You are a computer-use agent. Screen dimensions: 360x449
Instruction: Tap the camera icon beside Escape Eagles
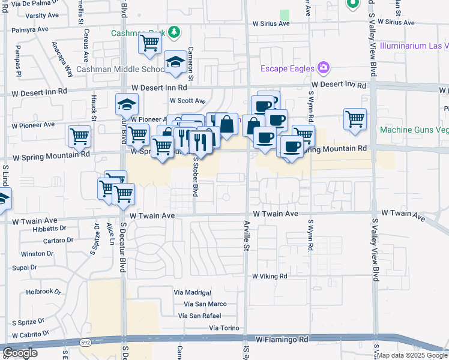tap(324, 67)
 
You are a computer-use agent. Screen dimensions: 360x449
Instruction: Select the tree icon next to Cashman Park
tap(174, 32)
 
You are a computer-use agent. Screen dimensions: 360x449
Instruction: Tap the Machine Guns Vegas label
tap(414, 130)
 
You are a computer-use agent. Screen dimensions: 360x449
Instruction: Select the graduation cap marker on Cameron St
tap(175, 62)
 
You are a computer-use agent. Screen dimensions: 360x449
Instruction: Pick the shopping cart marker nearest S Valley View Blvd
tap(355, 118)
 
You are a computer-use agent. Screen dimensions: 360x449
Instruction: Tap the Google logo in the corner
tap(20, 353)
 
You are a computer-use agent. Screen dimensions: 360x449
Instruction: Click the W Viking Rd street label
tap(270, 277)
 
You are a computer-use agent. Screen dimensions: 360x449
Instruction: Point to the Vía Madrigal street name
tap(192, 292)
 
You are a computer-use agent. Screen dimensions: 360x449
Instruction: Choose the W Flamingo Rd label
tap(282, 340)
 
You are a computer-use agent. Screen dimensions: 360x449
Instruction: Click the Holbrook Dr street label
tap(44, 292)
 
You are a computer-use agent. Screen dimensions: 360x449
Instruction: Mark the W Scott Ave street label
tap(187, 101)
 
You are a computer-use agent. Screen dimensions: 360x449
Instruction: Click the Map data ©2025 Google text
tap(412, 355)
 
